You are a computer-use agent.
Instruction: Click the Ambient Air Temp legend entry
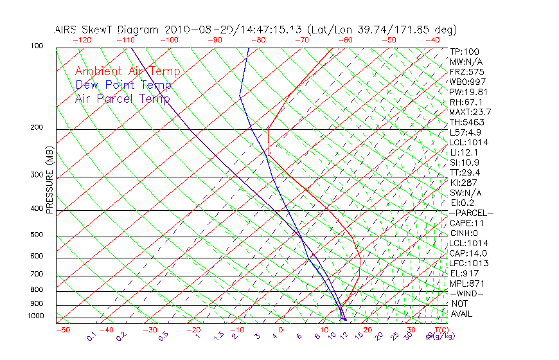[x=127, y=71]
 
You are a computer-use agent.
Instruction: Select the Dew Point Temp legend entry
[x=123, y=85]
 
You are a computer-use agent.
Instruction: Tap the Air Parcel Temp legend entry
[x=122, y=98]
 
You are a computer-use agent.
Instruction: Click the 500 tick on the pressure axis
[x=38, y=235]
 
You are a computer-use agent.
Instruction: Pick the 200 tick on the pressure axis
[x=38, y=127]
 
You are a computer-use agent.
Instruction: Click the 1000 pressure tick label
[x=36, y=316]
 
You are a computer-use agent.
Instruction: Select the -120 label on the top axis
[x=82, y=40]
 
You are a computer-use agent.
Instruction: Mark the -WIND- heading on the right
[x=467, y=293]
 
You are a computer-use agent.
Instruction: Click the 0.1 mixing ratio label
[x=91, y=336]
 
